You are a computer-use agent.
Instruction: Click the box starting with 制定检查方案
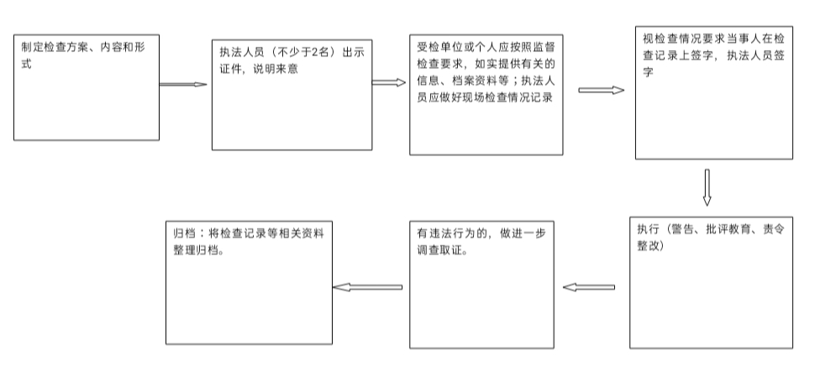87,87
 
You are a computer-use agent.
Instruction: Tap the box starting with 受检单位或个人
486,94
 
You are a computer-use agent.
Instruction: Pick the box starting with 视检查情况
713,94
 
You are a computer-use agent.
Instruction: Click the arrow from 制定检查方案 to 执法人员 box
183,85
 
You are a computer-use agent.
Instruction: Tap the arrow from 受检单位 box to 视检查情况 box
601,90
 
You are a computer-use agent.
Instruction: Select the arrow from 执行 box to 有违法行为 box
589,287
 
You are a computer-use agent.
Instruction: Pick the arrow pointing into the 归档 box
368,287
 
